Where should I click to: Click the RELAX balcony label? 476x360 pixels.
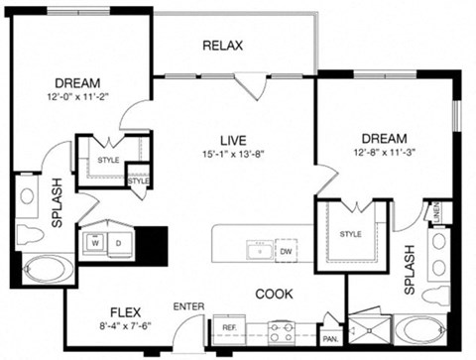[x=223, y=46]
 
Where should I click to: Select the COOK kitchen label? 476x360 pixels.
[x=274, y=294]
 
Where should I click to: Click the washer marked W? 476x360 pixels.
[x=96, y=240]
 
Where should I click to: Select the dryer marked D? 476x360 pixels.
[x=119, y=240]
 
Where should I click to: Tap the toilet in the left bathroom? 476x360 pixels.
[x=29, y=234]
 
